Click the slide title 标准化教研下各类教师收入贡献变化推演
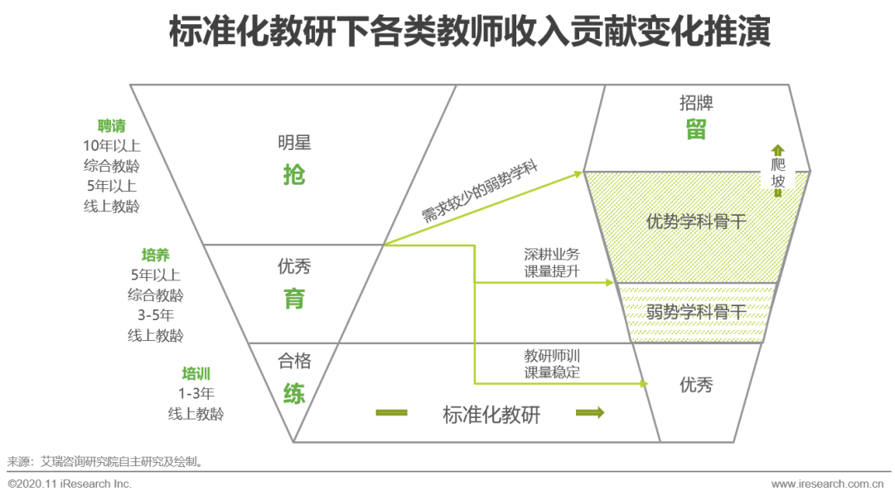point(470,33)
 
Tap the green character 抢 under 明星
point(294,175)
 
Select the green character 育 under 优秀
point(294,299)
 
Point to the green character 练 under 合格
point(294,393)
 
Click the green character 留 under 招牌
point(696,131)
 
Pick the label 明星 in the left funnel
point(294,143)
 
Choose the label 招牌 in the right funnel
point(696,103)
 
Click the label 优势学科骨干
point(696,222)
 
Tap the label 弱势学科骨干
point(696,313)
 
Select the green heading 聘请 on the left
point(112,126)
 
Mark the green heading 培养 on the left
point(156,255)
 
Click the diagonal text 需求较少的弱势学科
point(481,192)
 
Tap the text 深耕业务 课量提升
point(552,263)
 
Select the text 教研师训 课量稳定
point(552,363)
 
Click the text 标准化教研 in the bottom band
point(491,415)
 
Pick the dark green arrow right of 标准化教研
point(590,413)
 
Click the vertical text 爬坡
point(778,173)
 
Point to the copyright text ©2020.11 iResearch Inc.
point(70,484)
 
